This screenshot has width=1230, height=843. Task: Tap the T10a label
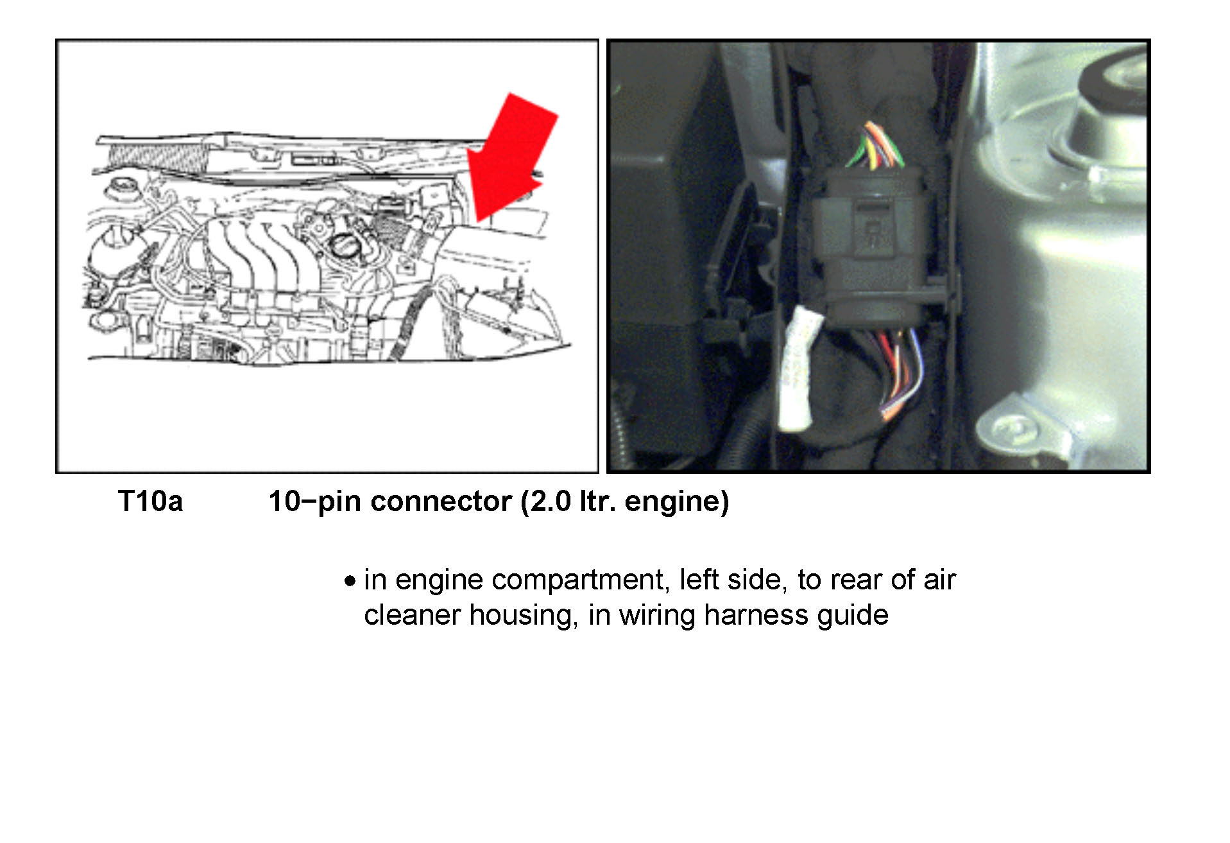150,501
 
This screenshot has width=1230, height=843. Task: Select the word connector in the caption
441,501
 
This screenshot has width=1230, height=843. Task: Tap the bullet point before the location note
350,582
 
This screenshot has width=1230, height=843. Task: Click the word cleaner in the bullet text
412,615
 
